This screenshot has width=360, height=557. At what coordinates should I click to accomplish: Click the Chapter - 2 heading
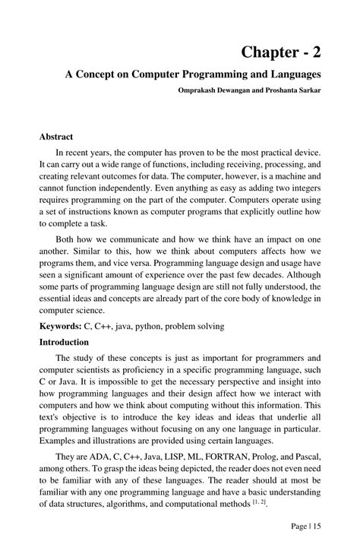click(280, 52)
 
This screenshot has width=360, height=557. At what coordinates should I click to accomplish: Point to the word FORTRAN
click(220, 456)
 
